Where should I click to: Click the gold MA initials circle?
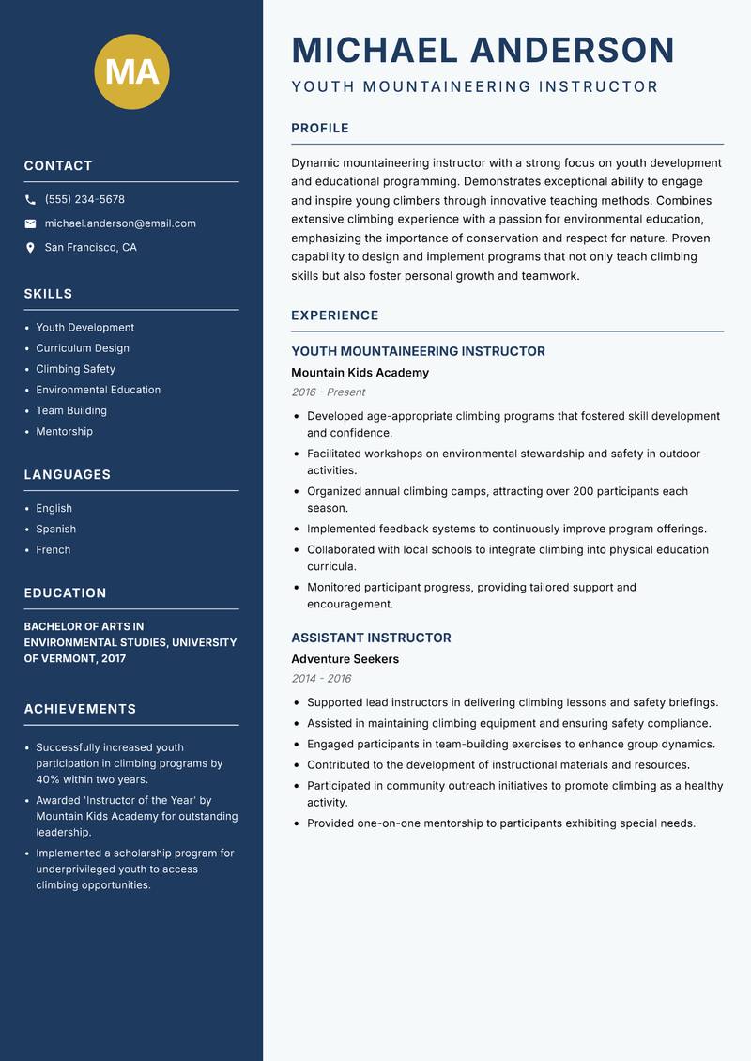click(131, 71)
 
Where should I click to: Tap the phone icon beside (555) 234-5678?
click(30, 199)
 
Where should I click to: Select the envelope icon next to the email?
click(30, 223)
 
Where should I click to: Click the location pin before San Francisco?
click(30, 248)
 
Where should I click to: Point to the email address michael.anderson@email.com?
click(120, 223)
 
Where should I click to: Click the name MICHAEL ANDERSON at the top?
click(483, 50)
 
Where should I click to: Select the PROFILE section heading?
click(320, 128)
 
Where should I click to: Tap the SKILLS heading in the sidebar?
click(48, 294)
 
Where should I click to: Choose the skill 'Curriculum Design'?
click(83, 348)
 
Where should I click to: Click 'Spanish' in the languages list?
click(56, 530)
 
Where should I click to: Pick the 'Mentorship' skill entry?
click(65, 432)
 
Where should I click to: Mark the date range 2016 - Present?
click(329, 392)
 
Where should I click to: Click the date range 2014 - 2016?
click(321, 679)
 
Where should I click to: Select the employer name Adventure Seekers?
click(345, 659)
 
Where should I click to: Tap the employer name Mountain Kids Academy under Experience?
click(360, 373)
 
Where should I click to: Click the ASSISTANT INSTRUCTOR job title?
click(371, 638)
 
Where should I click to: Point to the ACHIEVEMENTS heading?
click(80, 709)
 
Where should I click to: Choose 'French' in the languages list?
click(54, 550)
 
